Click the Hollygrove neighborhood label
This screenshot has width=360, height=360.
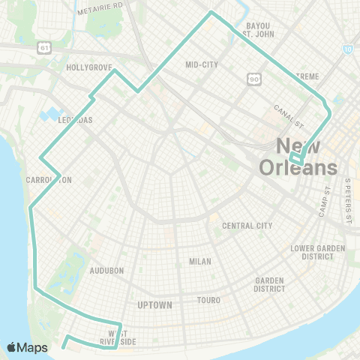click(89, 67)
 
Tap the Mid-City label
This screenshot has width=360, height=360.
click(202, 64)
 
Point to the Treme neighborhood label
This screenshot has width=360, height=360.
click(307, 76)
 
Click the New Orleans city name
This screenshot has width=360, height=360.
click(298, 157)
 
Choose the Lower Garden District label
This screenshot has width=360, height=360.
click(312, 251)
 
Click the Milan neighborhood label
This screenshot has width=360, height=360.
click(200, 262)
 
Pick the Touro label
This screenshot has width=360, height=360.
click(209, 300)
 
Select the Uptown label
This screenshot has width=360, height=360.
click(155, 305)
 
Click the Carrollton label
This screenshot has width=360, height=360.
click(48, 180)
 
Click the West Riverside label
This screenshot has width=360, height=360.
click(118, 337)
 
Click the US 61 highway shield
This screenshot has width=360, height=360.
click(44, 47)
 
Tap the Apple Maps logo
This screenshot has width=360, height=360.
click(28, 347)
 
